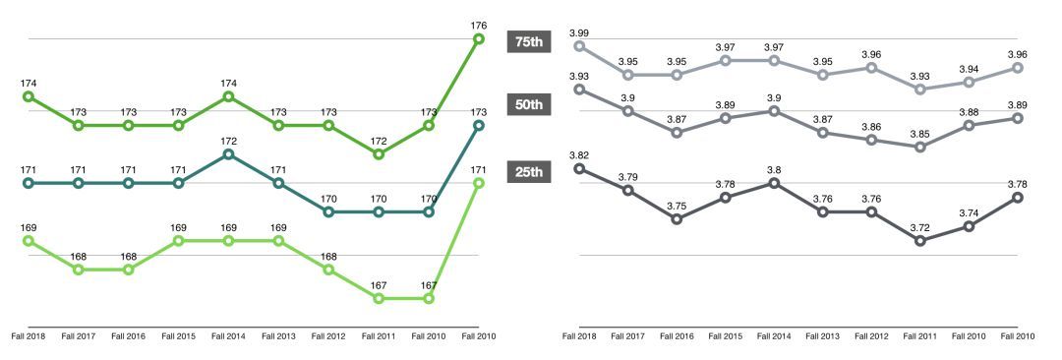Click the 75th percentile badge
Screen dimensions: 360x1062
[x=532, y=41]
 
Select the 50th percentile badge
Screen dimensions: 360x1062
[x=532, y=104]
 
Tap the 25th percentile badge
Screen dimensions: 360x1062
[x=532, y=172]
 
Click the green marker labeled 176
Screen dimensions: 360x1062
[x=479, y=39]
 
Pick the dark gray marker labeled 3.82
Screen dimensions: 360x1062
[x=579, y=168]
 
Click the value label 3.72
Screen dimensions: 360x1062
[x=920, y=226]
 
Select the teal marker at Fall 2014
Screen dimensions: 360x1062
[x=229, y=154]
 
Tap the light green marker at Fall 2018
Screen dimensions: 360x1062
[x=29, y=240]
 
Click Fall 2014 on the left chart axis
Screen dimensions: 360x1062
[x=228, y=335]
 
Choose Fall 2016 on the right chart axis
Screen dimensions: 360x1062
[x=677, y=335]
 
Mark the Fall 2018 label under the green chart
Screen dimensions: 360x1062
[x=28, y=335]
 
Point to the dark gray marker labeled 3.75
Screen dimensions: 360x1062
[x=677, y=219]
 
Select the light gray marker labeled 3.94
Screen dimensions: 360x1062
[x=970, y=83]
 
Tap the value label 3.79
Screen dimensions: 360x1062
[x=628, y=176]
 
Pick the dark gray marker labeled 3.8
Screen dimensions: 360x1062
[x=775, y=183]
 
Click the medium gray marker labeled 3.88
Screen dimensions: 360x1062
[x=970, y=126]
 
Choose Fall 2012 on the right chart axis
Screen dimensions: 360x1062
[x=871, y=335]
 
